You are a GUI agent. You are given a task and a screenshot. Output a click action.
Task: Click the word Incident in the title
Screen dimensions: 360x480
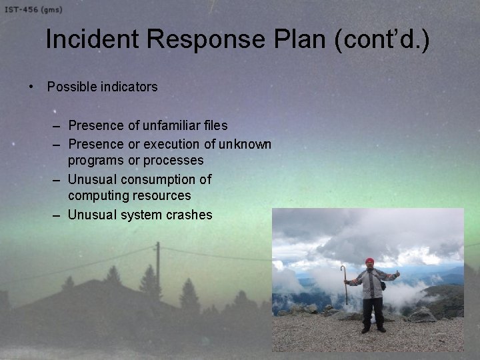pos(91,41)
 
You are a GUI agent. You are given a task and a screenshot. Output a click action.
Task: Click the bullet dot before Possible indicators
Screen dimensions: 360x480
pos(31,87)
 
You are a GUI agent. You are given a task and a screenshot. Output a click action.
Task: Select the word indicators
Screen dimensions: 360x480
pos(129,87)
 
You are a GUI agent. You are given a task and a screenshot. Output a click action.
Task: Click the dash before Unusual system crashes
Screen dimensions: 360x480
pos(58,215)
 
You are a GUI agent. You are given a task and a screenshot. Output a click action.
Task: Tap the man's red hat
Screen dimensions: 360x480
pos(370,261)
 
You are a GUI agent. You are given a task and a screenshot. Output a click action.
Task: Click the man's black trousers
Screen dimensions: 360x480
pos(372,312)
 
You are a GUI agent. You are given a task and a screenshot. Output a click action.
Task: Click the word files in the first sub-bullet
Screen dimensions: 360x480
pos(215,125)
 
